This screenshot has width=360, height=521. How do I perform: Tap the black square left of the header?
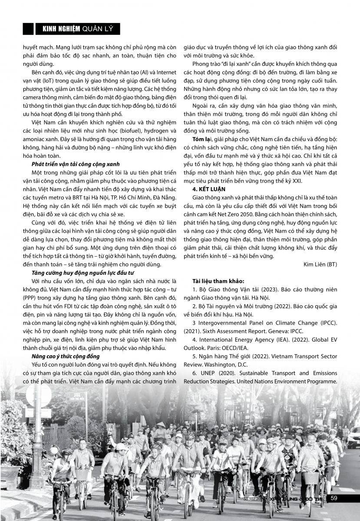coord(28,29)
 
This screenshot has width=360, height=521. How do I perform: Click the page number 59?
coord(334,498)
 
